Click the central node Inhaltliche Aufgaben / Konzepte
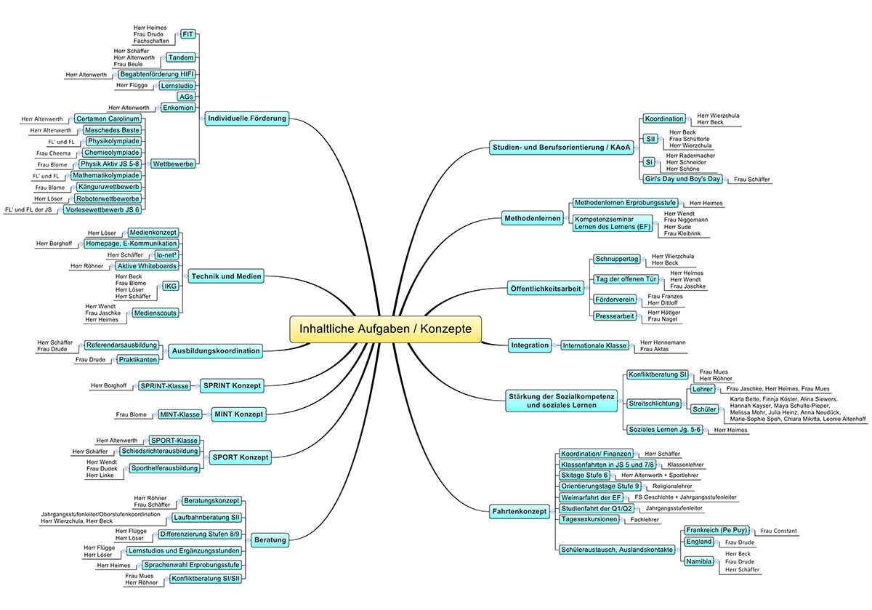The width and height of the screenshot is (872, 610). click(385, 329)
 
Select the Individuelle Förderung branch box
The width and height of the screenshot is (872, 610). click(247, 119)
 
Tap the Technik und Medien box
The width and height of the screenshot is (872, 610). click(226, 276)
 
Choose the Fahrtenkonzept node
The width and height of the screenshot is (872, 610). click(520, 511)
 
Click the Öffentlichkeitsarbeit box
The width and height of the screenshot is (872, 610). click(546, 289)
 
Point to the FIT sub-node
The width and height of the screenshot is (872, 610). click(187, 34)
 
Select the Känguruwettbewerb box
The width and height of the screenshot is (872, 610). click(108, 187)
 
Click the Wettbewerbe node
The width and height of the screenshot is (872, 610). click(173, 164)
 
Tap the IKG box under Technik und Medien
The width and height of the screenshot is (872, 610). click(170, 286)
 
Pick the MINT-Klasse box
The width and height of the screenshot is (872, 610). click(180, 415)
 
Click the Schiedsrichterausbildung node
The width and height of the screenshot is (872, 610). click(160, 451)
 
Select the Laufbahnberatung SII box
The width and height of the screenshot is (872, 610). click(206, 518)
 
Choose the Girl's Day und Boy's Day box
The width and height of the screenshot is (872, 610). click(682, 179)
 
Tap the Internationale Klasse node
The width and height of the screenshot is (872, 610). click(594, 345)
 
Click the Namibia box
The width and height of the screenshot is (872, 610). click(699, 562)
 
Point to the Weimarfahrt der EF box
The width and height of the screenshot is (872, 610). click(591, 498)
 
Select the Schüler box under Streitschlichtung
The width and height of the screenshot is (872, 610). click(704, 409)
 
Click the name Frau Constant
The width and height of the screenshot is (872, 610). click(778, 531)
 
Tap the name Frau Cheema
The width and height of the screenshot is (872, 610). click(53, 153)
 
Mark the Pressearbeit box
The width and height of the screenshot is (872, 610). click(614, 316)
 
